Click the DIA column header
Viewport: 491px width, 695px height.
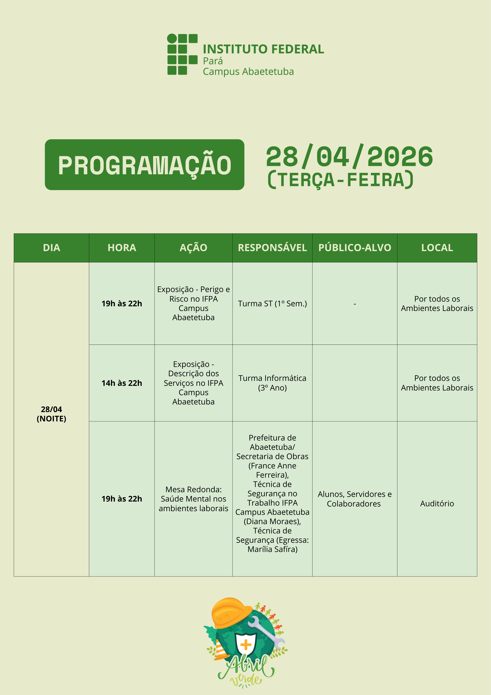[x=51, y=248]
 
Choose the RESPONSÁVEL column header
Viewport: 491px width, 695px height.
[x=272, y=248]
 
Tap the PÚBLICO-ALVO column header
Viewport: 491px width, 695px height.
[x=355, y=248]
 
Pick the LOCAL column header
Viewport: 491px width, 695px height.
[x=437, y=248]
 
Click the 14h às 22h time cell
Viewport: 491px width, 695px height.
[x=122, y=383]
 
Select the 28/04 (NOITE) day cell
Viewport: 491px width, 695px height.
[x=51, y=414]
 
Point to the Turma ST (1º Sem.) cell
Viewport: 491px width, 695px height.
[x=272, y=303]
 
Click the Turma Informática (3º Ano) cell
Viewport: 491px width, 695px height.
[x=272, y=383]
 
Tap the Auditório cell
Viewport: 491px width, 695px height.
[x=437, y=503]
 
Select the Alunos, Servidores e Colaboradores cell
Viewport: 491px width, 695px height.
[x=355, y=499]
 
